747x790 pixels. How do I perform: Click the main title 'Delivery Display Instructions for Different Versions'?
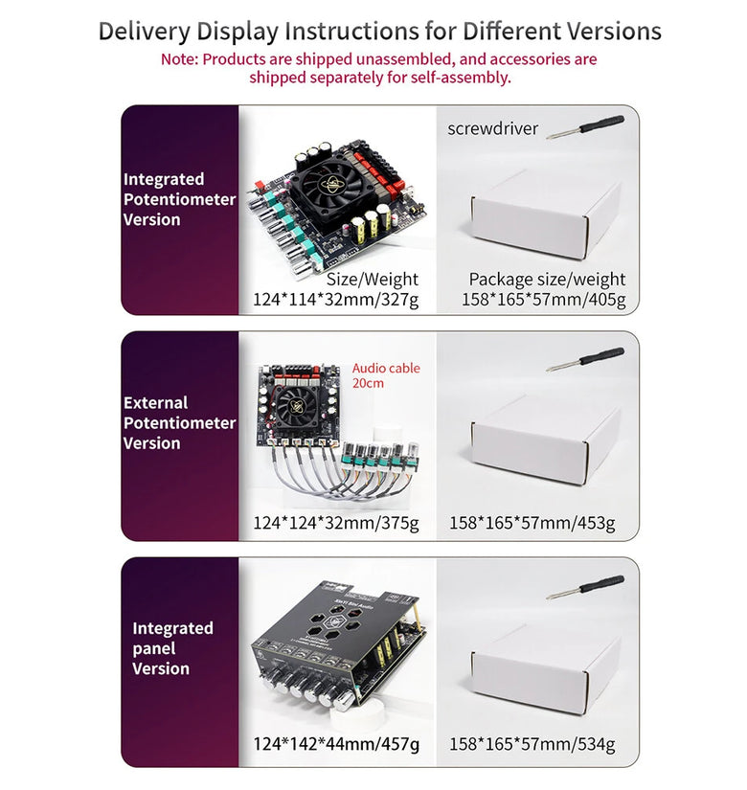coord(379,31)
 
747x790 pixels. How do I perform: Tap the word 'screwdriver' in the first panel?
coord(492,128)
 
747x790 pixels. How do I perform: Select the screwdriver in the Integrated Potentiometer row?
coord(585,126)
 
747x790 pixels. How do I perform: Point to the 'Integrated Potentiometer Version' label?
coord(178,199)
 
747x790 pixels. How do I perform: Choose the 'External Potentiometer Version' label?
coord(178,422)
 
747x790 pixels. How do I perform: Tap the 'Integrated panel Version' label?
coord(172,648)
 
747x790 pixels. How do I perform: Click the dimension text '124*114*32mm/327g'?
coord(335,300)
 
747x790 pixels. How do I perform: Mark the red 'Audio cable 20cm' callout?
coord(385,375)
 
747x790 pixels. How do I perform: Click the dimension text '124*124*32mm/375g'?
coord(335,523)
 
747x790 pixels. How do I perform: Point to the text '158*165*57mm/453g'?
coord(532,523)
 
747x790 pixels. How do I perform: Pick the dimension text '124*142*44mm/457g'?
coord(335,744)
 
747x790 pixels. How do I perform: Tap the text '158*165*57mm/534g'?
coord(532,744)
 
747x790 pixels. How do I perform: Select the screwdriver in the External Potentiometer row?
coord(585,359)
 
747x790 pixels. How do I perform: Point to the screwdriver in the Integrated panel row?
coord(585,586)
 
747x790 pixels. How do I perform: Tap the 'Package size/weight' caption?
coord(547,280)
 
